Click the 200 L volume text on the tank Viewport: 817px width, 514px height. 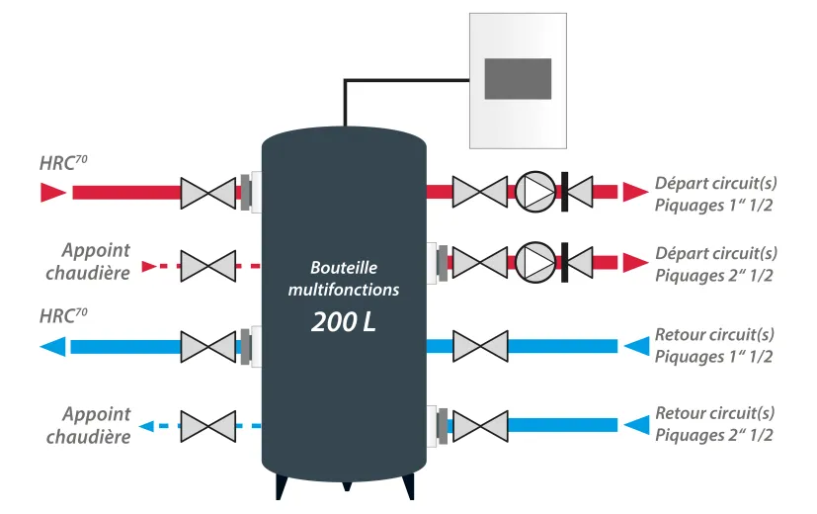tap(344, 321)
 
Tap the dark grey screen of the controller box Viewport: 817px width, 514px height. tap(518, 79)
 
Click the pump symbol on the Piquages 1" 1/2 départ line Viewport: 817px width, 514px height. tap(535, 192)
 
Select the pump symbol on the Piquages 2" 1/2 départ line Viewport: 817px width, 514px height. tap(535, 262)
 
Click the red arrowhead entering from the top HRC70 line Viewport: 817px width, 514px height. tap(53, 193)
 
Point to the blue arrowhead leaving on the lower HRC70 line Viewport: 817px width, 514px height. tap(52, 347)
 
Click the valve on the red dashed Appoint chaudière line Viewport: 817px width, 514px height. tap(207, 266)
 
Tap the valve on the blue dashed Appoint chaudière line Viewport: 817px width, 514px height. tap(207, 426)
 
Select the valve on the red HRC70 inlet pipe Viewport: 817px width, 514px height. tap(207, 194)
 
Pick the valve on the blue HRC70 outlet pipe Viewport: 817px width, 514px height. tap(207, 347)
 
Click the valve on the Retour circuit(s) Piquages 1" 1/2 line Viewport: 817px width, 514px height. tap(480, 346)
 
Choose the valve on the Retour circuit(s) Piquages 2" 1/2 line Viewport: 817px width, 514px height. tap(480, 426)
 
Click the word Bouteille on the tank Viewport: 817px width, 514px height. tap(344, 268)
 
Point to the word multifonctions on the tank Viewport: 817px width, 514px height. tap(344, 290)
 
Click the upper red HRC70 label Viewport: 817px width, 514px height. tap(63, 163)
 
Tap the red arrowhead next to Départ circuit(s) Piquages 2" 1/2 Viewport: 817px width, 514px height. tap(635, 263)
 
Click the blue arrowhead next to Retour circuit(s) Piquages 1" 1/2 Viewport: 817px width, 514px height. tap(637, 346)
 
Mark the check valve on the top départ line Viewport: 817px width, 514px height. tap(577, 192)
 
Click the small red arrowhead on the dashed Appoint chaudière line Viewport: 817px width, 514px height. tap(149, 266)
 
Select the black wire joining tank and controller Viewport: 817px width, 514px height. tap(365, 80)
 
